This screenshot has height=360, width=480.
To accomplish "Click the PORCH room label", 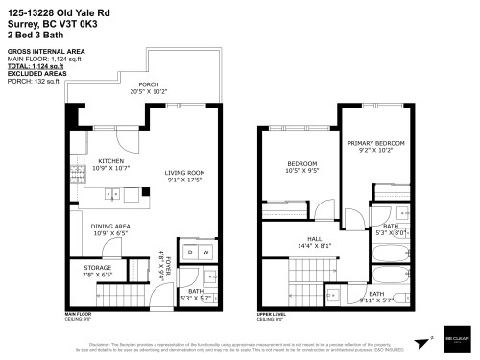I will (148, 84).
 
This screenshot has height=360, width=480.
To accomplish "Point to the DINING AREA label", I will (111, 227).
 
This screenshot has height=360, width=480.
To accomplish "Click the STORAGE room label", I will (98, 268).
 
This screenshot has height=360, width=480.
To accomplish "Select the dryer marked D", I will (191, 252).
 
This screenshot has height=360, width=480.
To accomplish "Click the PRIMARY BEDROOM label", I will (375, 143).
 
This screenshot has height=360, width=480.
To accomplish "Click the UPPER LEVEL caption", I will (272, 313).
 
